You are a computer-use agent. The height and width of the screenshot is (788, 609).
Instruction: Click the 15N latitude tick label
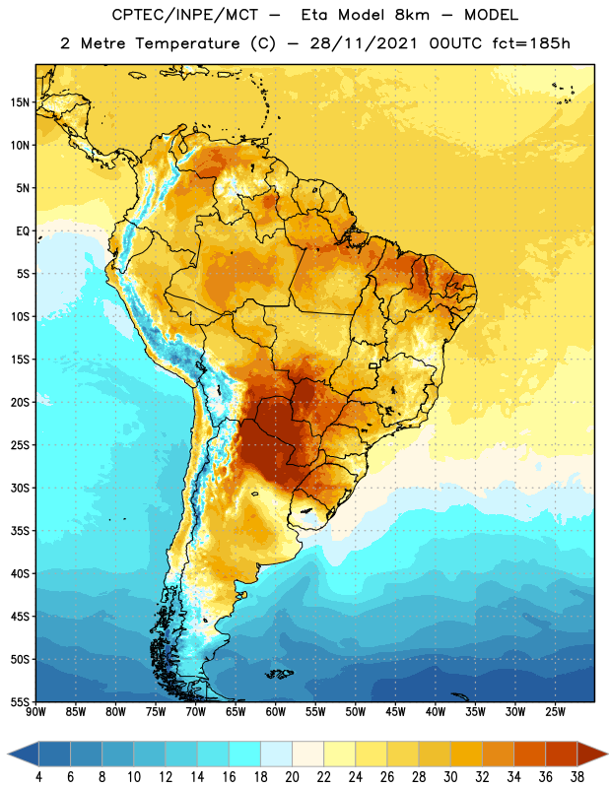(20, 102)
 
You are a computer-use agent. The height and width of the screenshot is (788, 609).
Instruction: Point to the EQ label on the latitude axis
(23, 231)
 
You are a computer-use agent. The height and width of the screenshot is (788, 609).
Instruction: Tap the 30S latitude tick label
(20, 488)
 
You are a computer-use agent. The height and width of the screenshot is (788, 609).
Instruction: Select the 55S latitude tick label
(20, 702)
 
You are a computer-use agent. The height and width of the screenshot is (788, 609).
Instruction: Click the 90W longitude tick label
(35, 712)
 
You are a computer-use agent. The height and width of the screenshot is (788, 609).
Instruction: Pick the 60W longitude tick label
(276, 712)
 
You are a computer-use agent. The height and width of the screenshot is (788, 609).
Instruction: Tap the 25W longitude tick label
(555, 712)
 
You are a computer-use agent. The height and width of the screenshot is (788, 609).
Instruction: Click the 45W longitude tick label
(395, 712)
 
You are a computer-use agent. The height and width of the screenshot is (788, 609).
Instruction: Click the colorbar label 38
(576, 777)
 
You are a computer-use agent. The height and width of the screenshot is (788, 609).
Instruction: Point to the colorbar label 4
(38, 777)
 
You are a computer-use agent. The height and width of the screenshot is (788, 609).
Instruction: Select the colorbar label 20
(292, 777)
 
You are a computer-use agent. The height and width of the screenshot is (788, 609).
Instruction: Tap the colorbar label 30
(450, 777)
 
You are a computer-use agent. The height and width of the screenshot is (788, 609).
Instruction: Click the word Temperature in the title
(187, 43)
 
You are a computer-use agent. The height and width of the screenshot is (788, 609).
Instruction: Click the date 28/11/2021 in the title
(364, 43)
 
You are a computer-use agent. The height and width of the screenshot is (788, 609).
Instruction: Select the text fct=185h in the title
(531, 43)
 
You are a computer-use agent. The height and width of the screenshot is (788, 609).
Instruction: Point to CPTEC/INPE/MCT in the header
(184, 15)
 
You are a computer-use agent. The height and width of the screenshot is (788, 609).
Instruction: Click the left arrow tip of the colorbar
(9, 754)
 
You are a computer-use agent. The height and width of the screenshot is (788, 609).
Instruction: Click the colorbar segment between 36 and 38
(562, 754)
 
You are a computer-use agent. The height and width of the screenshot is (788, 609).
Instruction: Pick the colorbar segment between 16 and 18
(245, 754)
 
